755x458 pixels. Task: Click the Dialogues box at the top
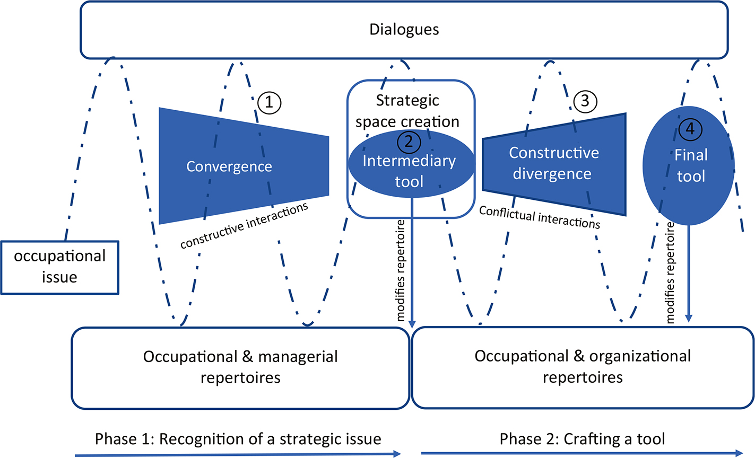pos(404,29)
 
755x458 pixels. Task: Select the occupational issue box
pos(60,267)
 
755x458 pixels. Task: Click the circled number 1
pos(270,102)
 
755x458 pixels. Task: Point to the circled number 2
pos(409,142)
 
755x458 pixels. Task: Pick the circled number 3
pos(585,101)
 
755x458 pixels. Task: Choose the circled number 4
pos(690,129)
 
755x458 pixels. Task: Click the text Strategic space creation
pos(407,111)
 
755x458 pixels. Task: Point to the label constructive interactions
pos(244,226)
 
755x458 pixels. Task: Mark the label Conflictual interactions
pos(540,217)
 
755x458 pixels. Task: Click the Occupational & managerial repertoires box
pos(240,367)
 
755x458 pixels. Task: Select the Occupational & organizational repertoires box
pos(583,367)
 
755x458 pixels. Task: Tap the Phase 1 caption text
pos(238,439)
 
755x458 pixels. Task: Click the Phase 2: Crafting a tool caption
pos(582,439)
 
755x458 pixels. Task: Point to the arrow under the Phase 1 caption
pos(238,453)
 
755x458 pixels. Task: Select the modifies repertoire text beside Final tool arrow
pos(670,273)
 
